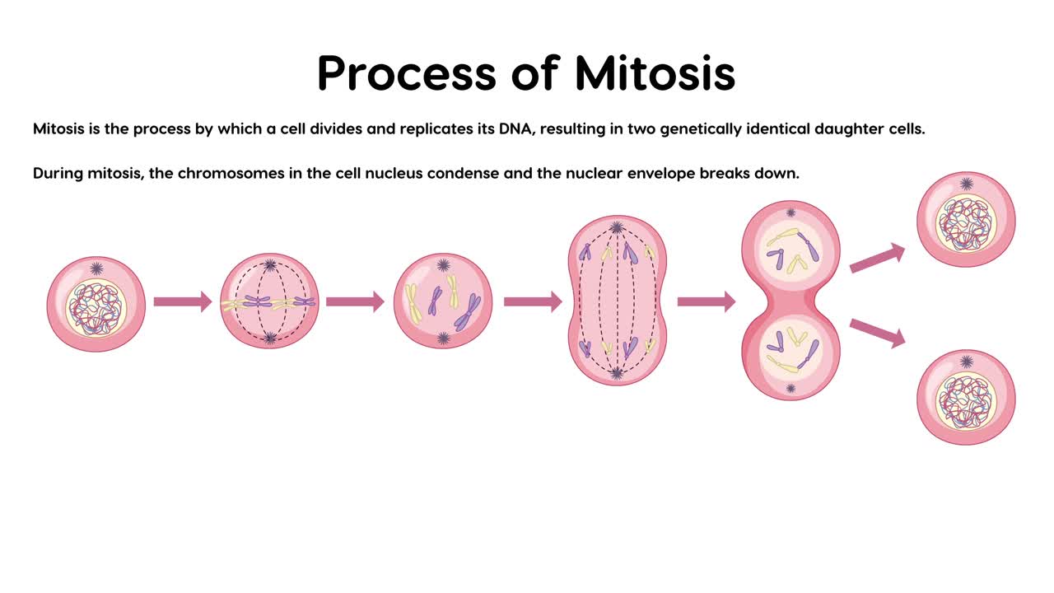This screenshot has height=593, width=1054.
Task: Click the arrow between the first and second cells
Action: pyautogui.click(x=183, y=301)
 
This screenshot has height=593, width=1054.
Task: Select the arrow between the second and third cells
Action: pyautogui.click(x=355, y=301)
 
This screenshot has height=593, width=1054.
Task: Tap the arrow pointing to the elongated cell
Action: pyautogui.click(x=533, y=301)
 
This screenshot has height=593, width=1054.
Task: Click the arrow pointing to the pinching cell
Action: pyautogui.click(x=707, y=301)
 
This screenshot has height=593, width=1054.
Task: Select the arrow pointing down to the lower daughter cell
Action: pyautogui.click(x=877, y=332)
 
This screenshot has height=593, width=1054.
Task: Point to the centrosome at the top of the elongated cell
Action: pyautogui.click(x=616, y=228)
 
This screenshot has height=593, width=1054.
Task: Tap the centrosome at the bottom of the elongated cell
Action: pyautogui.click(x=617, y=373)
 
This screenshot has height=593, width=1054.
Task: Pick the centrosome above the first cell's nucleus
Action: pyautogui.click(x=97, y=268)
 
